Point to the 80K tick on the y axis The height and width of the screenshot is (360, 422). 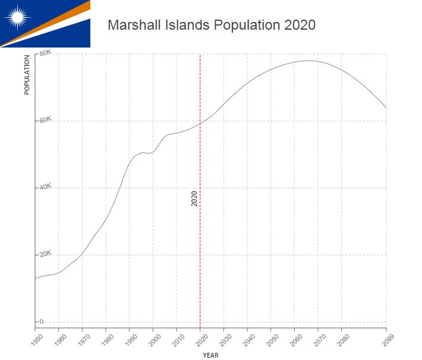pyautogui.click(x=46, y=53)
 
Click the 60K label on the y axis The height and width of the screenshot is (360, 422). pyautogui.click(x=46, y=120)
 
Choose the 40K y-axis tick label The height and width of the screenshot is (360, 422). pyautogui.click(x=46, y=187)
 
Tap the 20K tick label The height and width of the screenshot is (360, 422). pyautogui.click(x=46, y=254)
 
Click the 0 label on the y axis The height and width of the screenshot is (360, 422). pyautogui.click(x=42, y=321)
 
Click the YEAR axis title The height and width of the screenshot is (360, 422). pyautogui.click(x=210, y=355)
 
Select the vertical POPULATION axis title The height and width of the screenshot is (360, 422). pyautogui.click(x=27, y=75)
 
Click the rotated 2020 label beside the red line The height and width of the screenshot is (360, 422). pyautogui.click(x=194, y=199)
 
